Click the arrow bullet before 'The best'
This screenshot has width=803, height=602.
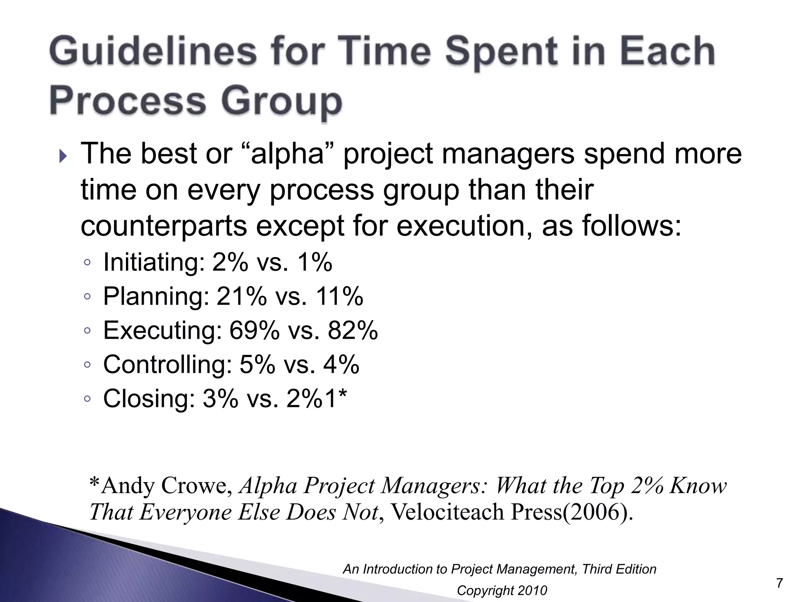64,157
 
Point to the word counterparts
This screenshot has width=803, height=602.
164,227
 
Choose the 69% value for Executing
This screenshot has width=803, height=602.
254,330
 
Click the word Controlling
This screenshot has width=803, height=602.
167,364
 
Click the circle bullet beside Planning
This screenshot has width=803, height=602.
87,297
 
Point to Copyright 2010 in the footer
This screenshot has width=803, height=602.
502,591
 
